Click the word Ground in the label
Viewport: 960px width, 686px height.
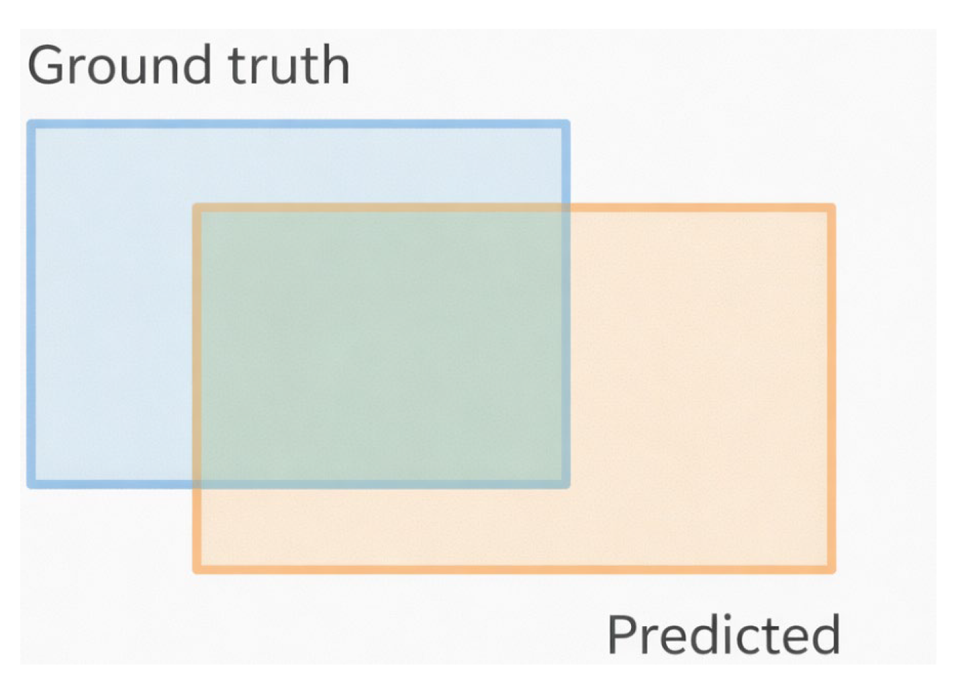point(118,65)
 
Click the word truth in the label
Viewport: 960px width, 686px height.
point(289,65)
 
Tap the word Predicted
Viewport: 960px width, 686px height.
point(723,634)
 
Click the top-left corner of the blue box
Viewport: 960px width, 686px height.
point(31,124)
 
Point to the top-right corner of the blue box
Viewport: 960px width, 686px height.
point(566,124)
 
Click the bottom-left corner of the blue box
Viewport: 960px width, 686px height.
point(31,484)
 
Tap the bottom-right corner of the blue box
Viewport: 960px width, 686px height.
point(566,484)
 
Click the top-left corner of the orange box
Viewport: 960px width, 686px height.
point(197,208)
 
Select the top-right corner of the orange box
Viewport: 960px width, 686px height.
point(831,208)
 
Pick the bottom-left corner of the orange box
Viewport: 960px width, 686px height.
point(197,569)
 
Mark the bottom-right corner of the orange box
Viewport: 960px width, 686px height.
point(831,569)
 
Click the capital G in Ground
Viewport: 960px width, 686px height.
point(46,65)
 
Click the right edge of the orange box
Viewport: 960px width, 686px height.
point(831,389)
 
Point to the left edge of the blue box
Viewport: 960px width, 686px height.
point(31,302)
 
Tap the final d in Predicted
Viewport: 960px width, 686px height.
point(825,634)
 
